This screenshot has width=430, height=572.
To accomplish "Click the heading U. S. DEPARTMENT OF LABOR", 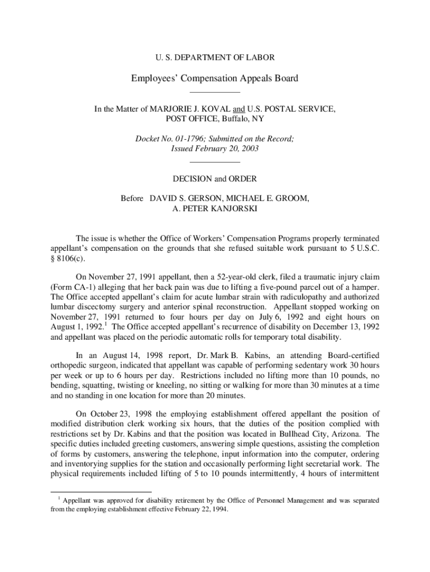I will tap(214, 58).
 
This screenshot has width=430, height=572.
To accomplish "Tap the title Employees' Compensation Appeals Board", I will tap(214, 79).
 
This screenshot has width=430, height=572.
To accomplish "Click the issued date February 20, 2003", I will tap(227, 149).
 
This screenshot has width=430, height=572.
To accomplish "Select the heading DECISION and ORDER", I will tap(215, 179).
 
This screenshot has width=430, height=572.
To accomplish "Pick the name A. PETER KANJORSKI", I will tap(215, 209).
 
